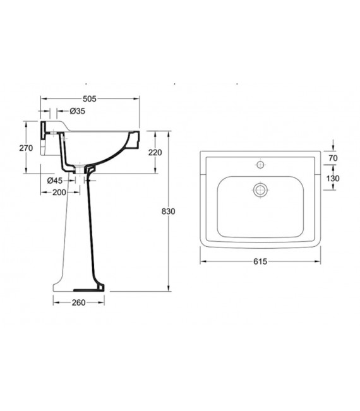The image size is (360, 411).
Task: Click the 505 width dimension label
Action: [90, 98]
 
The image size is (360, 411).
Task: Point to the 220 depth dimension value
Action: [155, 152]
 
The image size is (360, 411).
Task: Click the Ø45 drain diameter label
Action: [56, 181]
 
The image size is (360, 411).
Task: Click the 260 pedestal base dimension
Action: [78, 302]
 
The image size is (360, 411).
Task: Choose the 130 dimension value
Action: [333, 179]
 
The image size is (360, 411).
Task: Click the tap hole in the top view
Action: [259, 166]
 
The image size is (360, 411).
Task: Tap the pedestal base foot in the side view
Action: [78, 287]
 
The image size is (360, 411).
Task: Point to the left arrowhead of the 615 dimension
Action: [202, 262]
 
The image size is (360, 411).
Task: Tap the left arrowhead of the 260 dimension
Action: [55, 302]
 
